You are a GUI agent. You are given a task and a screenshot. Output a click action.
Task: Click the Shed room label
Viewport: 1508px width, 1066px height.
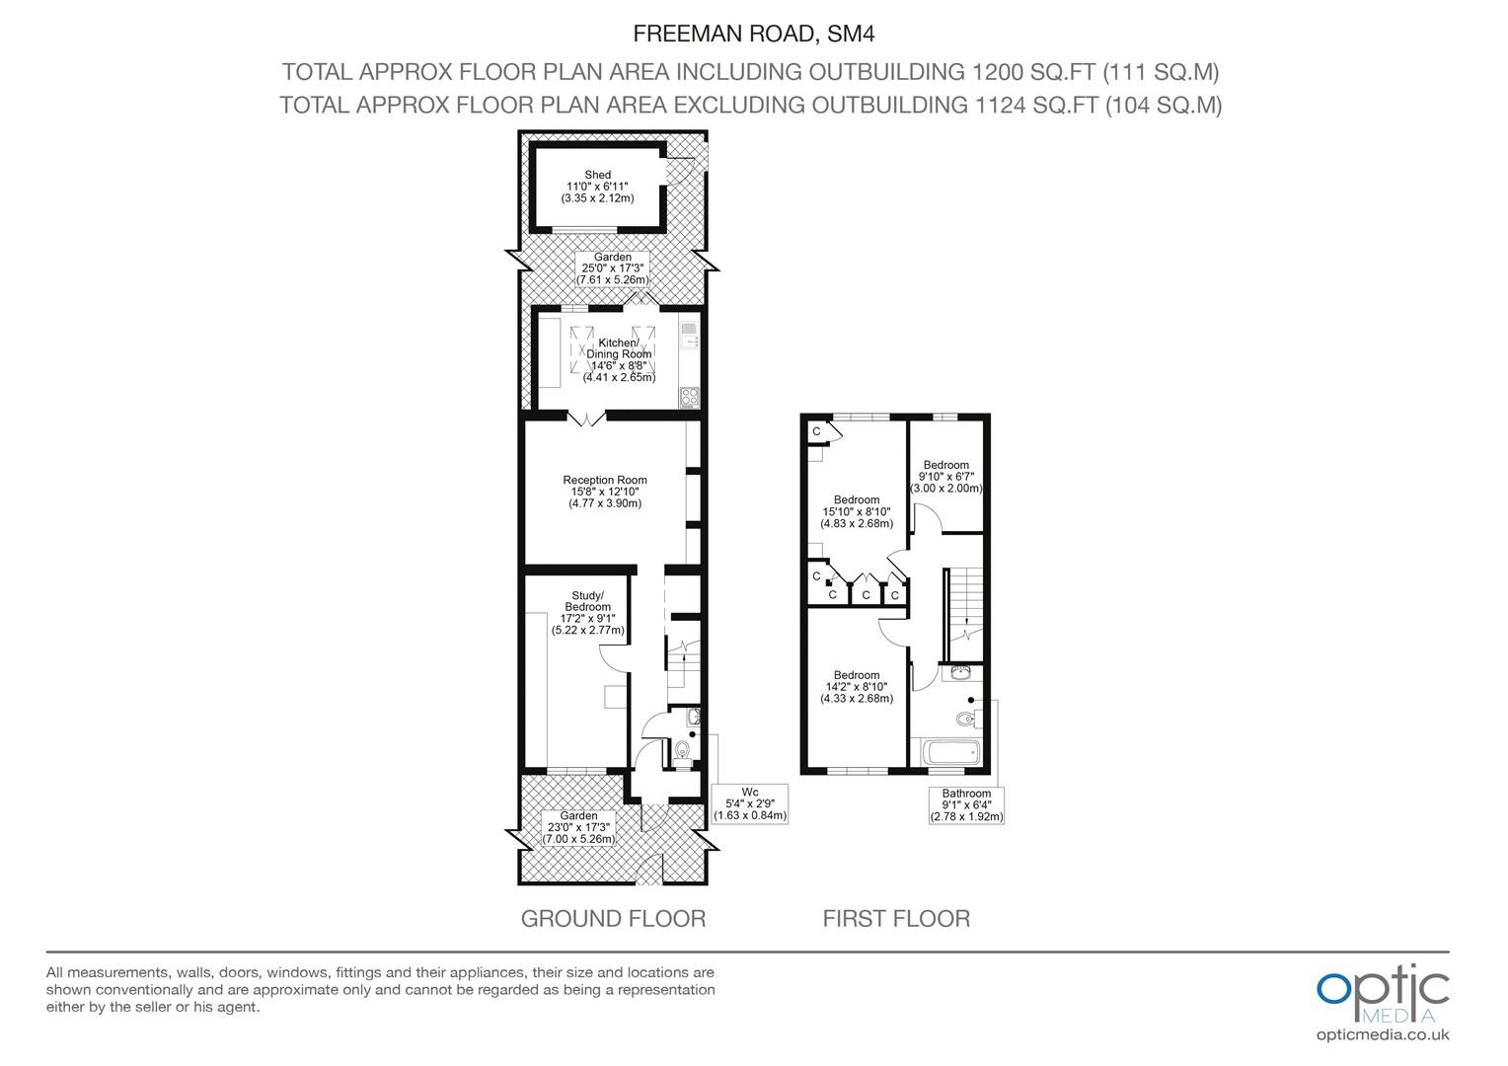point(597,187)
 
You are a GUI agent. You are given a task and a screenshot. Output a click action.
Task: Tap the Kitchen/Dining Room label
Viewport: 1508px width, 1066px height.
point(619,359)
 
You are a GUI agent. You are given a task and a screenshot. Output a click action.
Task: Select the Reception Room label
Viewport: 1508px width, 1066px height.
point(605,492)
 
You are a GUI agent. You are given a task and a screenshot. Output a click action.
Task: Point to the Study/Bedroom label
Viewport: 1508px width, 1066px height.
point(588,613)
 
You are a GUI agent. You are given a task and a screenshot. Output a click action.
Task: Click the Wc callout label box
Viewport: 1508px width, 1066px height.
point(750,803)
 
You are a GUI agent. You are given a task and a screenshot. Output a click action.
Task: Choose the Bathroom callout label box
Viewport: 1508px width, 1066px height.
point(966,805)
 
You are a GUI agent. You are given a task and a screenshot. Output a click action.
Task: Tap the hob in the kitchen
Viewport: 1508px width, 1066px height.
point(690,397)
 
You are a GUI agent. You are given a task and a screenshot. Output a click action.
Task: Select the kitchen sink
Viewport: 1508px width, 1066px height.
point(690,336)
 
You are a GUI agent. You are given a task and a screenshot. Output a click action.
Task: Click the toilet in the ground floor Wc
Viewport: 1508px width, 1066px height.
point(683,749)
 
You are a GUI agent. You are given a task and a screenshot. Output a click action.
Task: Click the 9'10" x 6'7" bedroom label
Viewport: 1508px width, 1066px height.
point(945,476)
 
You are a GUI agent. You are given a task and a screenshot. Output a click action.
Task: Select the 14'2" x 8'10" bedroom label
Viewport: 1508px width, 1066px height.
point(857,687)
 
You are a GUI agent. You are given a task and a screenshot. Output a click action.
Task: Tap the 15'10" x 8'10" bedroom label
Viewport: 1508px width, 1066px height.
point(857,512)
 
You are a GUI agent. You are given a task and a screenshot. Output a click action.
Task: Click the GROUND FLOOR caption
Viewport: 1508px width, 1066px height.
point(613,919)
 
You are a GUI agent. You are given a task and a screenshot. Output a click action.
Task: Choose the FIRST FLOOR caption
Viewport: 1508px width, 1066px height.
point(896,919)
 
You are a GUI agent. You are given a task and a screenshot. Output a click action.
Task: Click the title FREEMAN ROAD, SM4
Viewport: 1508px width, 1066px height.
point(753,34)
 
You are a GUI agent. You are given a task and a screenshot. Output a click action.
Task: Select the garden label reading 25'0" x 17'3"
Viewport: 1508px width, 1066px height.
point(613,268)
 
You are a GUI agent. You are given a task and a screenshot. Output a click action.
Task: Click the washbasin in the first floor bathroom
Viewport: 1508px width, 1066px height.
point(960,671)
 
